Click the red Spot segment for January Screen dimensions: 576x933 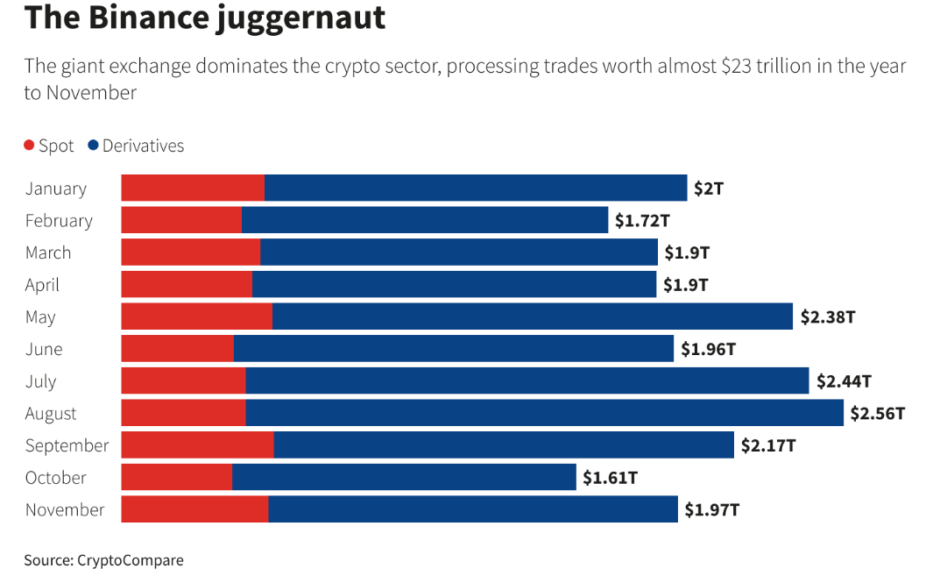193,188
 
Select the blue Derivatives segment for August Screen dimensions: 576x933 544,413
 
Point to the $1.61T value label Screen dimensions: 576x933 610,478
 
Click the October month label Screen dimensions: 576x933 56,478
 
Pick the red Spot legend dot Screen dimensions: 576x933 30,146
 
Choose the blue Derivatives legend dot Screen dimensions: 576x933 93,146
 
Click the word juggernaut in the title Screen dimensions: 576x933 302,18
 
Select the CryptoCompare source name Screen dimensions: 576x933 131,560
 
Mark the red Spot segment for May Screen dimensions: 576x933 196,316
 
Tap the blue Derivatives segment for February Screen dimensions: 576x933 425,220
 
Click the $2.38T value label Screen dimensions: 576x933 827,316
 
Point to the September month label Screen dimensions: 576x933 67,445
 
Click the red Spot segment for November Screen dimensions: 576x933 194,509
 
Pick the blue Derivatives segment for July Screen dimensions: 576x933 527,380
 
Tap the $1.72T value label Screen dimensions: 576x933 641,220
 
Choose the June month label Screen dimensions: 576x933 44,349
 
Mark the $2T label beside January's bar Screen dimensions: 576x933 709,188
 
